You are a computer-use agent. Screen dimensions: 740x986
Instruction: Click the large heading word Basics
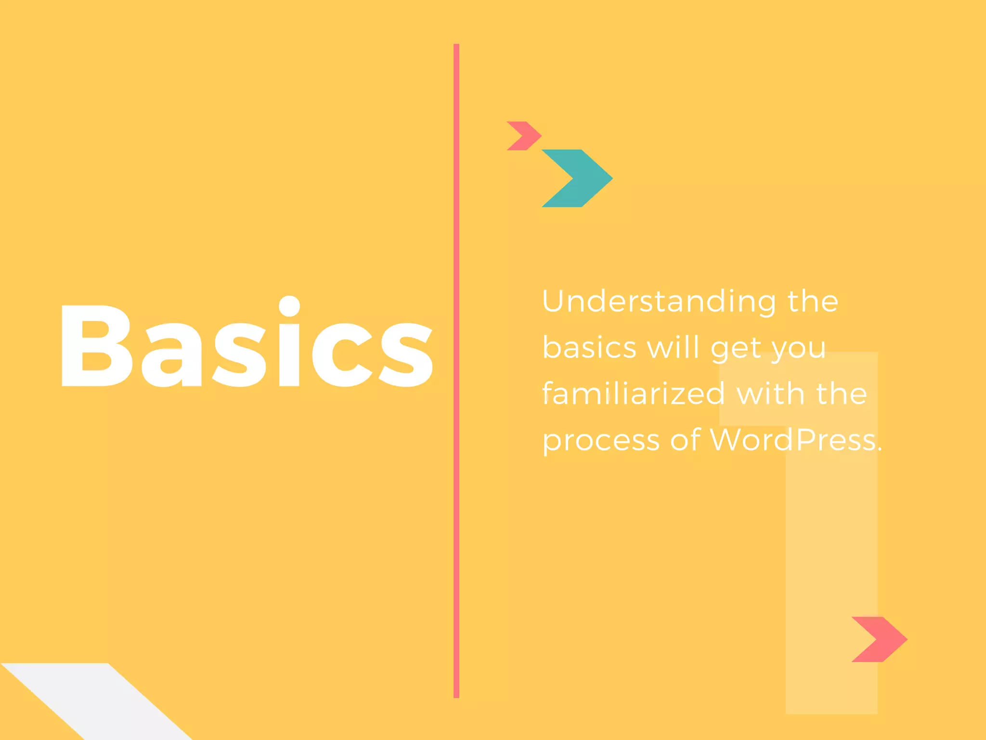point(246,344)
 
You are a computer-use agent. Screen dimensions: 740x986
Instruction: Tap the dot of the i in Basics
point(289,306)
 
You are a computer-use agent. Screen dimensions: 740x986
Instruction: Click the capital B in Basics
point(96,346)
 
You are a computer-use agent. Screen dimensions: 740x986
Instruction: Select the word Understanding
point(659,302)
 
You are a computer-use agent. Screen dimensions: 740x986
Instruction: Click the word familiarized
point(634,394)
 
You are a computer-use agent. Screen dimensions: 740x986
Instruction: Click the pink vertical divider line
point(456,530)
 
